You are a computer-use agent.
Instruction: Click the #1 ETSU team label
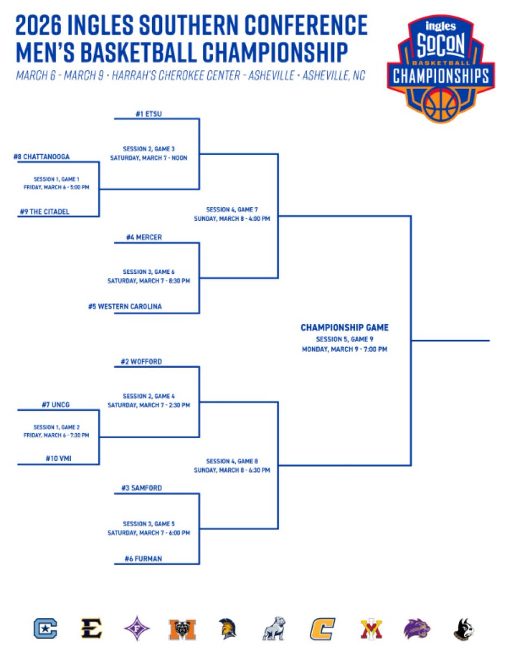tap(148, 114)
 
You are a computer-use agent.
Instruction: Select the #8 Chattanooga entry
tap(41, 157)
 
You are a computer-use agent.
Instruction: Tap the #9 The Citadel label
tap(43, 212)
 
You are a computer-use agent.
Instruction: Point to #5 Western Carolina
tap(125, 307)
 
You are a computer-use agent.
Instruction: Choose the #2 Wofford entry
tap(141, 362)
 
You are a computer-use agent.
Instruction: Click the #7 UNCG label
tap(55, 405)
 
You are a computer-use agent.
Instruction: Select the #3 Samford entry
tap(141, 489)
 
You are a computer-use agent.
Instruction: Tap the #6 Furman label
tap(143, 558)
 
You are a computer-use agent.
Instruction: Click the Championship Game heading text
tap(345, 328)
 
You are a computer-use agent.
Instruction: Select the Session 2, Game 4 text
tap(148, 396)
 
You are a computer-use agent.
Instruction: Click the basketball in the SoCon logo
tap(441, 104)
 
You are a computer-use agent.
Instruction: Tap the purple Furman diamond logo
tap(134, 629)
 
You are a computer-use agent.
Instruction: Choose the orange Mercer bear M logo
tap(179, 629)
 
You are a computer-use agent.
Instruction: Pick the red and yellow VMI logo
tap(371, 629)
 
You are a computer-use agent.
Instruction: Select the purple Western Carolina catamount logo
tap(417, 629)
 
